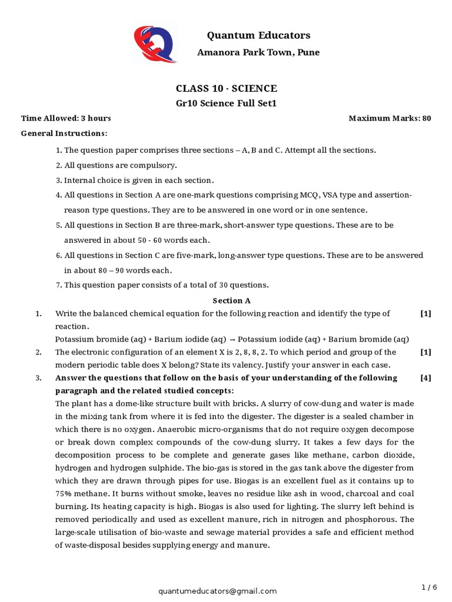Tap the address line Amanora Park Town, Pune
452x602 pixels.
(x=258, y=52)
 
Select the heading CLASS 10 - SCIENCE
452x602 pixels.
(x=226, y=89)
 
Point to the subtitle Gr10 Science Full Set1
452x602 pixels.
(x=226, y=103)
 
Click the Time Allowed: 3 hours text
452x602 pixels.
(x=66, y=118)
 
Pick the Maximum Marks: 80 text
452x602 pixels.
(x=390, y=118)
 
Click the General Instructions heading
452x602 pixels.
(x=64, y=133)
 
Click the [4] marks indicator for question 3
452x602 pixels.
(x=426, y=378)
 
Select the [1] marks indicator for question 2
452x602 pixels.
(x=426, y=352)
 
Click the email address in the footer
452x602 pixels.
(x=217, y=591)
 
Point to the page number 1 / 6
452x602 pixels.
(x=429, y=587)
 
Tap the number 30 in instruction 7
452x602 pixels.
(x=224, y=285)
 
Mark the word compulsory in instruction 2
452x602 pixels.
(x=155, y=165)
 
